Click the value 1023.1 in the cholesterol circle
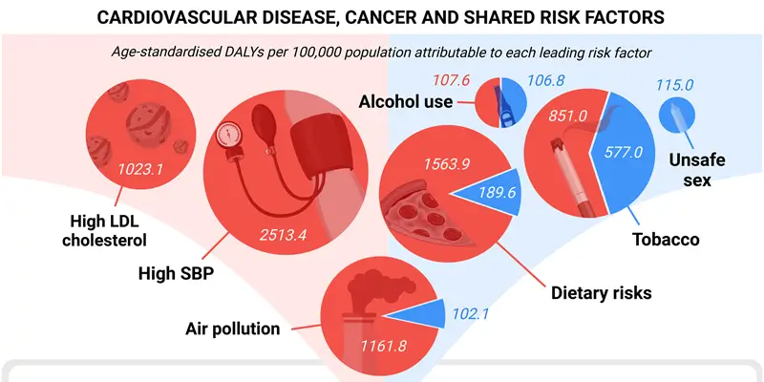140,171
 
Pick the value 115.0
675,85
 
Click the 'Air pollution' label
232,329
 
